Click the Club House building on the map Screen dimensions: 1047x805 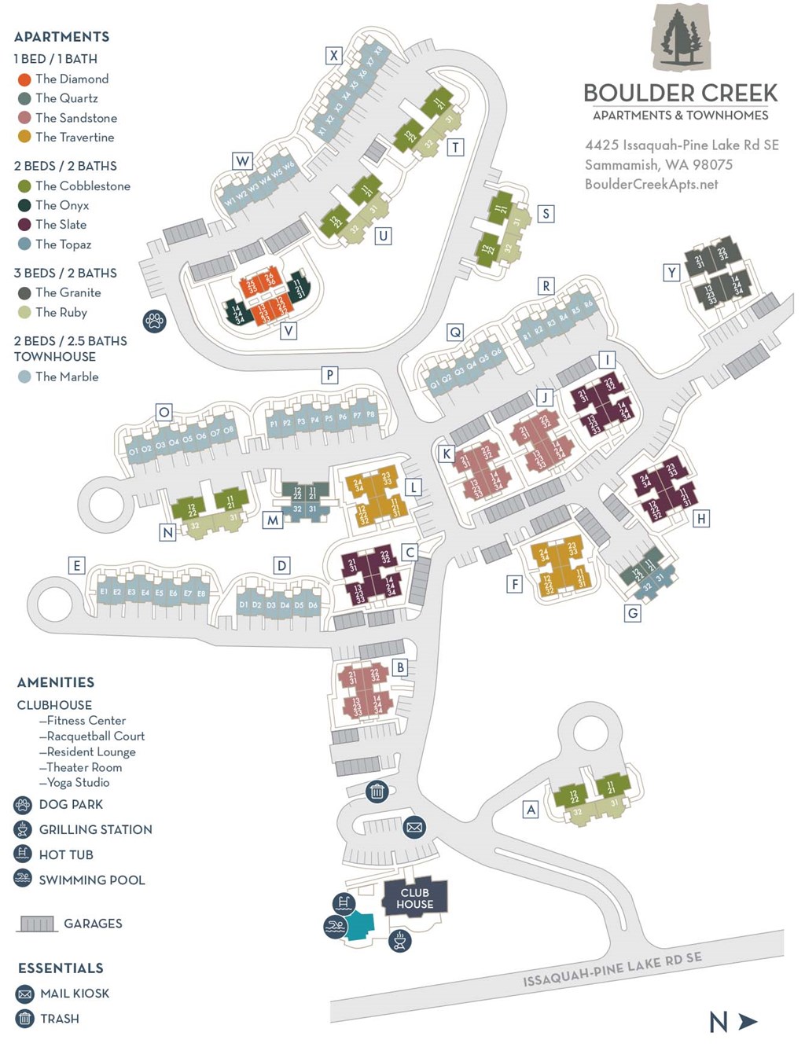point(414,898)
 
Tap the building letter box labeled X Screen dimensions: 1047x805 point(334,55)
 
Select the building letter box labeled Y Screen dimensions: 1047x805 point(671,273)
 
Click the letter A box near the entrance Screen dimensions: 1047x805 point(531,810)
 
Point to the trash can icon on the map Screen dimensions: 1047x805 point(377,792)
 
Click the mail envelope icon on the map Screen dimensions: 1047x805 point(414,827)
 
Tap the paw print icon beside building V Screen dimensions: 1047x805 point(154,321)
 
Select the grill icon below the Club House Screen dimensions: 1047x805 point(399,940)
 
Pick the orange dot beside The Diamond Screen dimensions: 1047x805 point(24,79)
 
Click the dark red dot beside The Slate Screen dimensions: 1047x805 point(24,225)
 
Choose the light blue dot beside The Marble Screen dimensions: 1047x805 point(24,377)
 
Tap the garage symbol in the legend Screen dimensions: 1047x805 point(36,924)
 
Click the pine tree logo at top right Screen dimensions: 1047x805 point(681,38)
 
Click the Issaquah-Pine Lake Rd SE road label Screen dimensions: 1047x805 point(612,970)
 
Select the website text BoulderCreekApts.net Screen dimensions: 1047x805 point(651,184)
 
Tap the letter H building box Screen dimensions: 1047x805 point(701,518)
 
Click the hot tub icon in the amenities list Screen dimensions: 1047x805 point(23,854)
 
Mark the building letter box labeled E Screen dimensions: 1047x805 point(76,565)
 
